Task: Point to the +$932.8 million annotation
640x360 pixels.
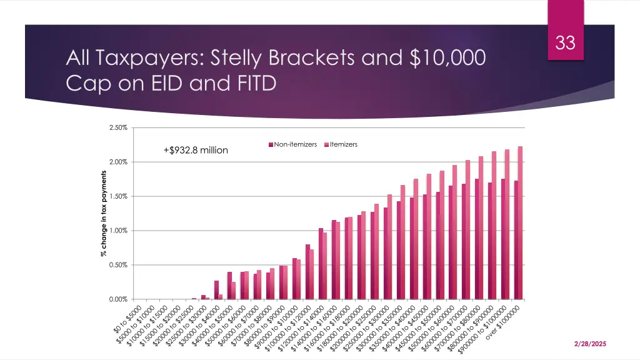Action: tap(195, 150)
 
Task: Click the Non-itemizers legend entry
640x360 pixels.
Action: tap(293, 144)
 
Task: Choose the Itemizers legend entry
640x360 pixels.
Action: tap(341, 144)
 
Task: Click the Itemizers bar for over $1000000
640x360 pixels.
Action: tap(520, 222)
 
